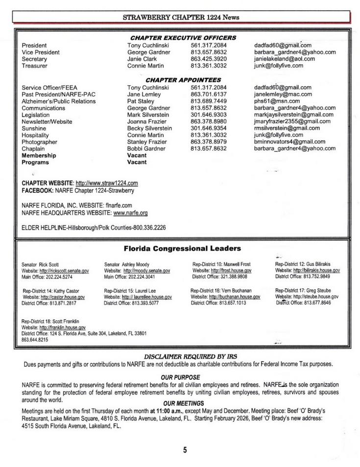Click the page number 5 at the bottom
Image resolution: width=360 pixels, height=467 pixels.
click(x=185, y=450)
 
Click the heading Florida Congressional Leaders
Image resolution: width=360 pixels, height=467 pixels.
click(x=182, y=249)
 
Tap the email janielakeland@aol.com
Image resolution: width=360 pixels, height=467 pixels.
click(x=284, y=59)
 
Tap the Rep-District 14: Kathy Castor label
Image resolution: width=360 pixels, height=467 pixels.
click(x=50, y=291)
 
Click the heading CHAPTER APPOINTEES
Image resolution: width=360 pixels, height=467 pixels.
click(x=183, y=80)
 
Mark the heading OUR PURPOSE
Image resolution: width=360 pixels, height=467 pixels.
click(x=180, y=377)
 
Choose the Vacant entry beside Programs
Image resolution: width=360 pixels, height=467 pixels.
click(x=137, y=162)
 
